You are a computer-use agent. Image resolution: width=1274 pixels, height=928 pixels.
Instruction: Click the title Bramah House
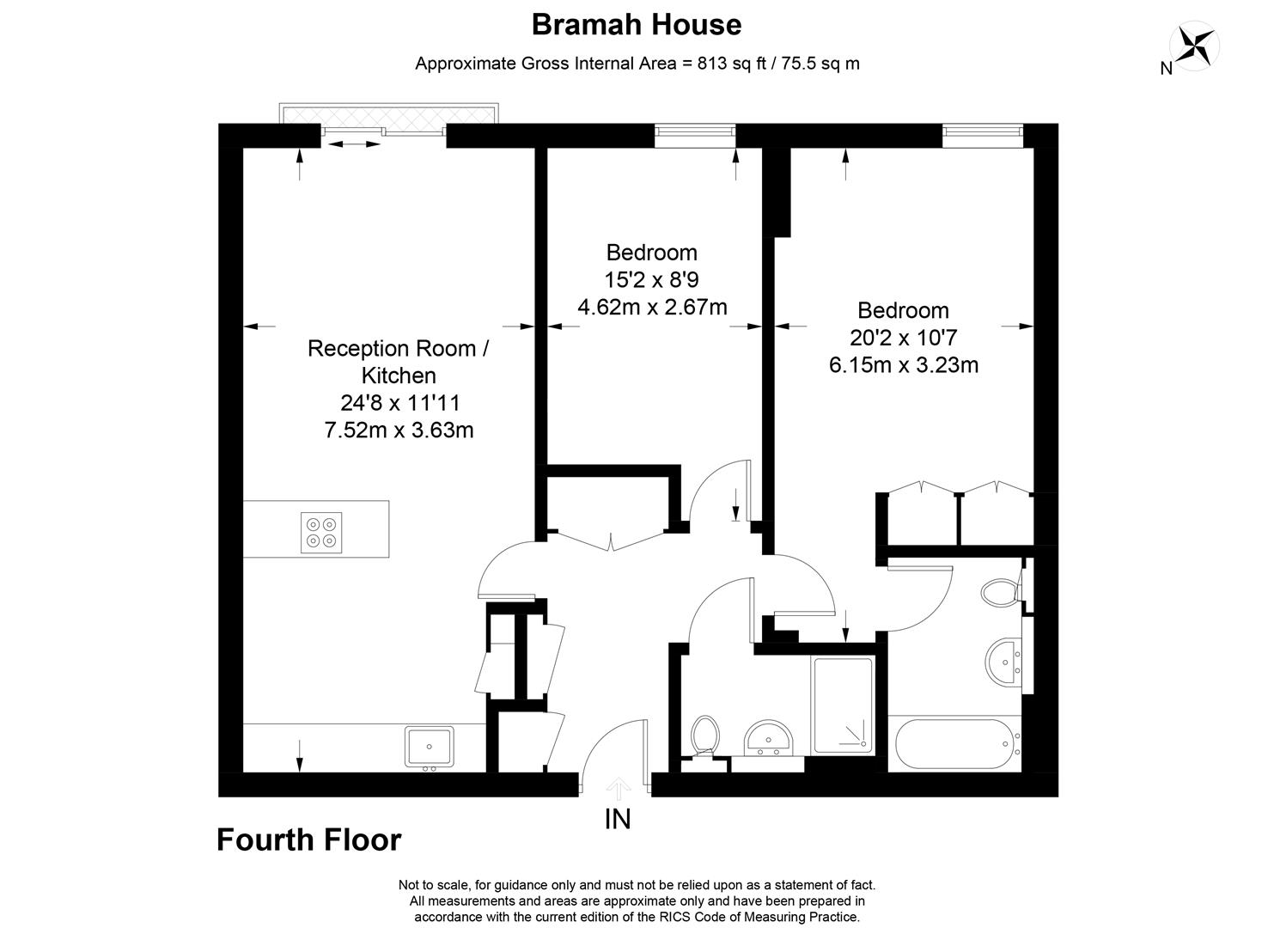coord(637,24)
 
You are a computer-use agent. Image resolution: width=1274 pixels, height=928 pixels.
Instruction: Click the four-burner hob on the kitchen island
coord(322,532)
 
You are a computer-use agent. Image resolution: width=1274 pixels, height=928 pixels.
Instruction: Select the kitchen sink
coord(430,747)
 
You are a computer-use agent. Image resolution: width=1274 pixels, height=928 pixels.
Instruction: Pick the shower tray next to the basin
coord(843,706)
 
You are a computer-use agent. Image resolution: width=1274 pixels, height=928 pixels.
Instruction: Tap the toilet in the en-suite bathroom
coord(1002,592)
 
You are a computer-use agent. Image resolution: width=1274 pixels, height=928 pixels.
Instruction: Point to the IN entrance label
coord(618,820)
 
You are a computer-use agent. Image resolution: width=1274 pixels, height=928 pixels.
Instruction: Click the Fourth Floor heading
coord(308,839)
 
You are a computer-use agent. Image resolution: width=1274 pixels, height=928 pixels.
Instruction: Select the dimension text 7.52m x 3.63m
coord(399,430)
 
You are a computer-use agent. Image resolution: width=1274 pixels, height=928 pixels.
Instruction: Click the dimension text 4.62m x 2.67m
coord(652,307)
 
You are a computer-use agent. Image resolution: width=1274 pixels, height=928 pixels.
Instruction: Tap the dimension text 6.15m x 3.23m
coord(903,365)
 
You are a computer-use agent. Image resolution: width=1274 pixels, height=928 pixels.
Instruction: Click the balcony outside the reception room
coord(388,114)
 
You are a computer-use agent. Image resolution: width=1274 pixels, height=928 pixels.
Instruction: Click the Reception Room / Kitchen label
coord(399,362)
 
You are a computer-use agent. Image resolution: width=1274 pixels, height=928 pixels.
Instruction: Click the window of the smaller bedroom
coord(695,131)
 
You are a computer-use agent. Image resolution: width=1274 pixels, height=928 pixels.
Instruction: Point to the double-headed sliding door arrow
coord(353,144)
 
